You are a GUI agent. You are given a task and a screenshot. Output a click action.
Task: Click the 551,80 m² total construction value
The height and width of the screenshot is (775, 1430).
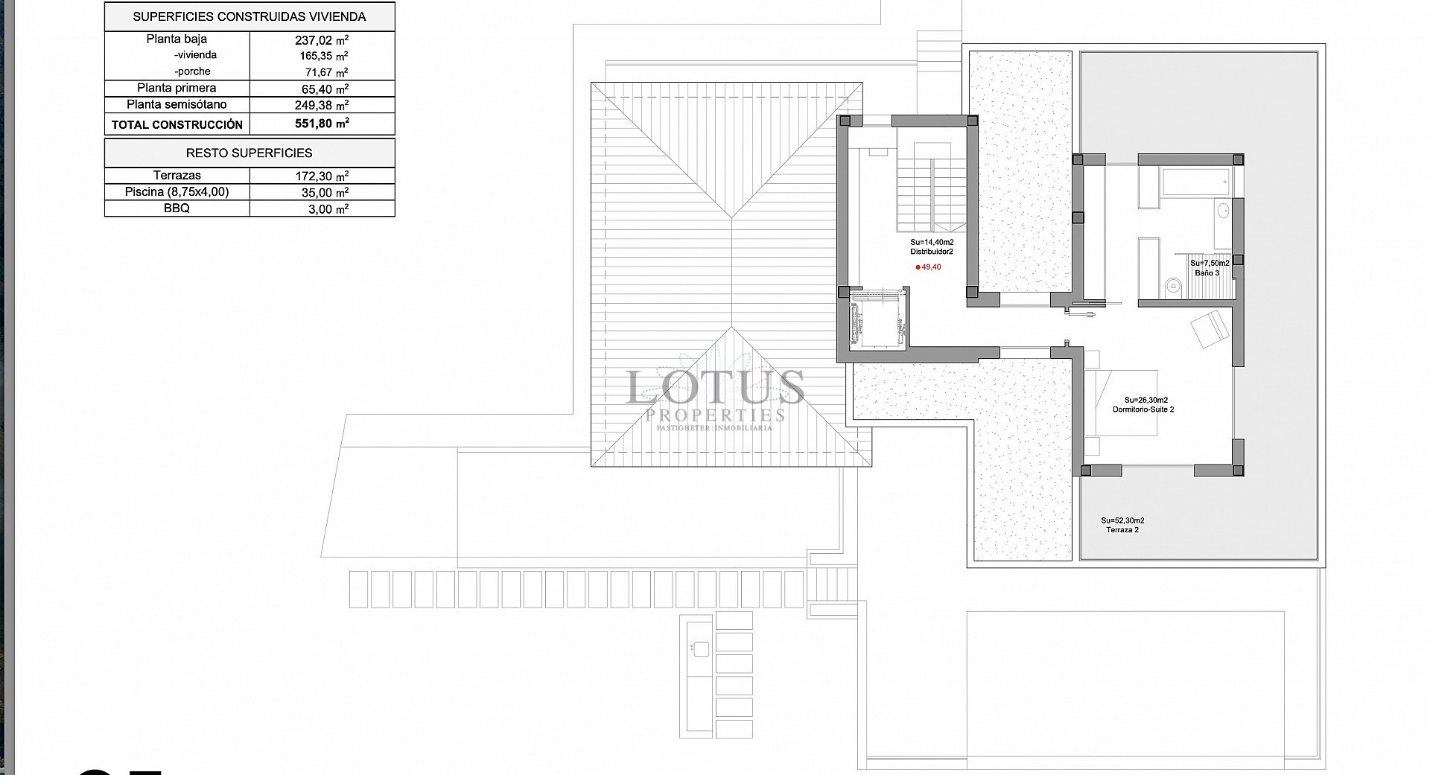322,124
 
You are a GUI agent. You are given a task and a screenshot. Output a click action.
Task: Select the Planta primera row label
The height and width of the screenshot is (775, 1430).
177,88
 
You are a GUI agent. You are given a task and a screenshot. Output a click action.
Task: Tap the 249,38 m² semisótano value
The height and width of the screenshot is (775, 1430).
322,105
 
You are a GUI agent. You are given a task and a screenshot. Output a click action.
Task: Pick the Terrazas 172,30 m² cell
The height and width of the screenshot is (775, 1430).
322,176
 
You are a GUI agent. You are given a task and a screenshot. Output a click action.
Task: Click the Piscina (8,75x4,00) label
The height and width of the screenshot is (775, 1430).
177,192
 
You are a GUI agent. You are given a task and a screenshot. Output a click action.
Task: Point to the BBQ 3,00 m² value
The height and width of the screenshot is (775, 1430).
328,209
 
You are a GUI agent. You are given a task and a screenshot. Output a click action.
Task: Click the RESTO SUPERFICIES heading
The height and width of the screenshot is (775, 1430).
249,153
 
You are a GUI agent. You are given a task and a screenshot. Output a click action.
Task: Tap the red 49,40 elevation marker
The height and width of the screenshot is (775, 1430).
928,267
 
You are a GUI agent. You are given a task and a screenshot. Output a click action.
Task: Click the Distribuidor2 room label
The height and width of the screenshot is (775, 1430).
931,252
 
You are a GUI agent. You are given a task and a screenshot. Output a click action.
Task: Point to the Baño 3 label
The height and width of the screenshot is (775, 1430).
1207,273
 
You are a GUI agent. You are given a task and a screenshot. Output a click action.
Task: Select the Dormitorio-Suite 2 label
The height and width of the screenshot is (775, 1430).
1143,409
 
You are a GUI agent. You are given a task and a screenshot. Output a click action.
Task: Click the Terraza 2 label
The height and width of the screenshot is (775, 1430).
1122,530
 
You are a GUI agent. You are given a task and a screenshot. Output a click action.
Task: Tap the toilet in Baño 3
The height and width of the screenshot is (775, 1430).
1173,285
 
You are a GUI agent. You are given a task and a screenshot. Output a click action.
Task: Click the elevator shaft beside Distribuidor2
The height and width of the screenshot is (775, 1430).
877,320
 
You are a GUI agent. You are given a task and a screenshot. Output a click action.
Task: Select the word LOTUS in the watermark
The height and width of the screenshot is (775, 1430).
715,387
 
